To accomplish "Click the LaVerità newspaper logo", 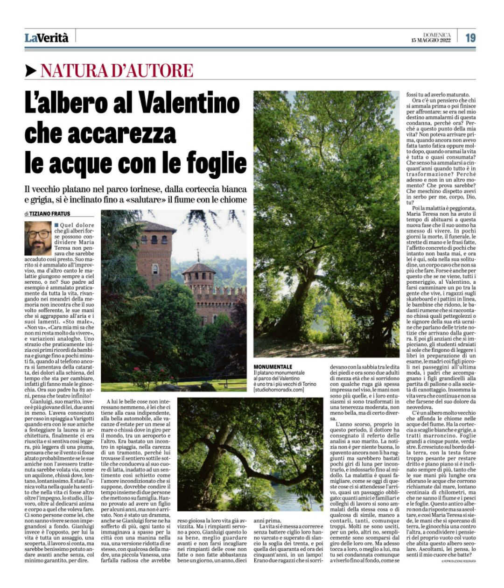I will click(46, 38).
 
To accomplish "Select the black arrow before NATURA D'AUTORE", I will click(31, 70).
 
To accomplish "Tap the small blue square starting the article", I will click(56, 225).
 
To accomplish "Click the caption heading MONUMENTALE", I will click(273, 367).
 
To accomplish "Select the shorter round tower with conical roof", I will click(198, 280).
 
